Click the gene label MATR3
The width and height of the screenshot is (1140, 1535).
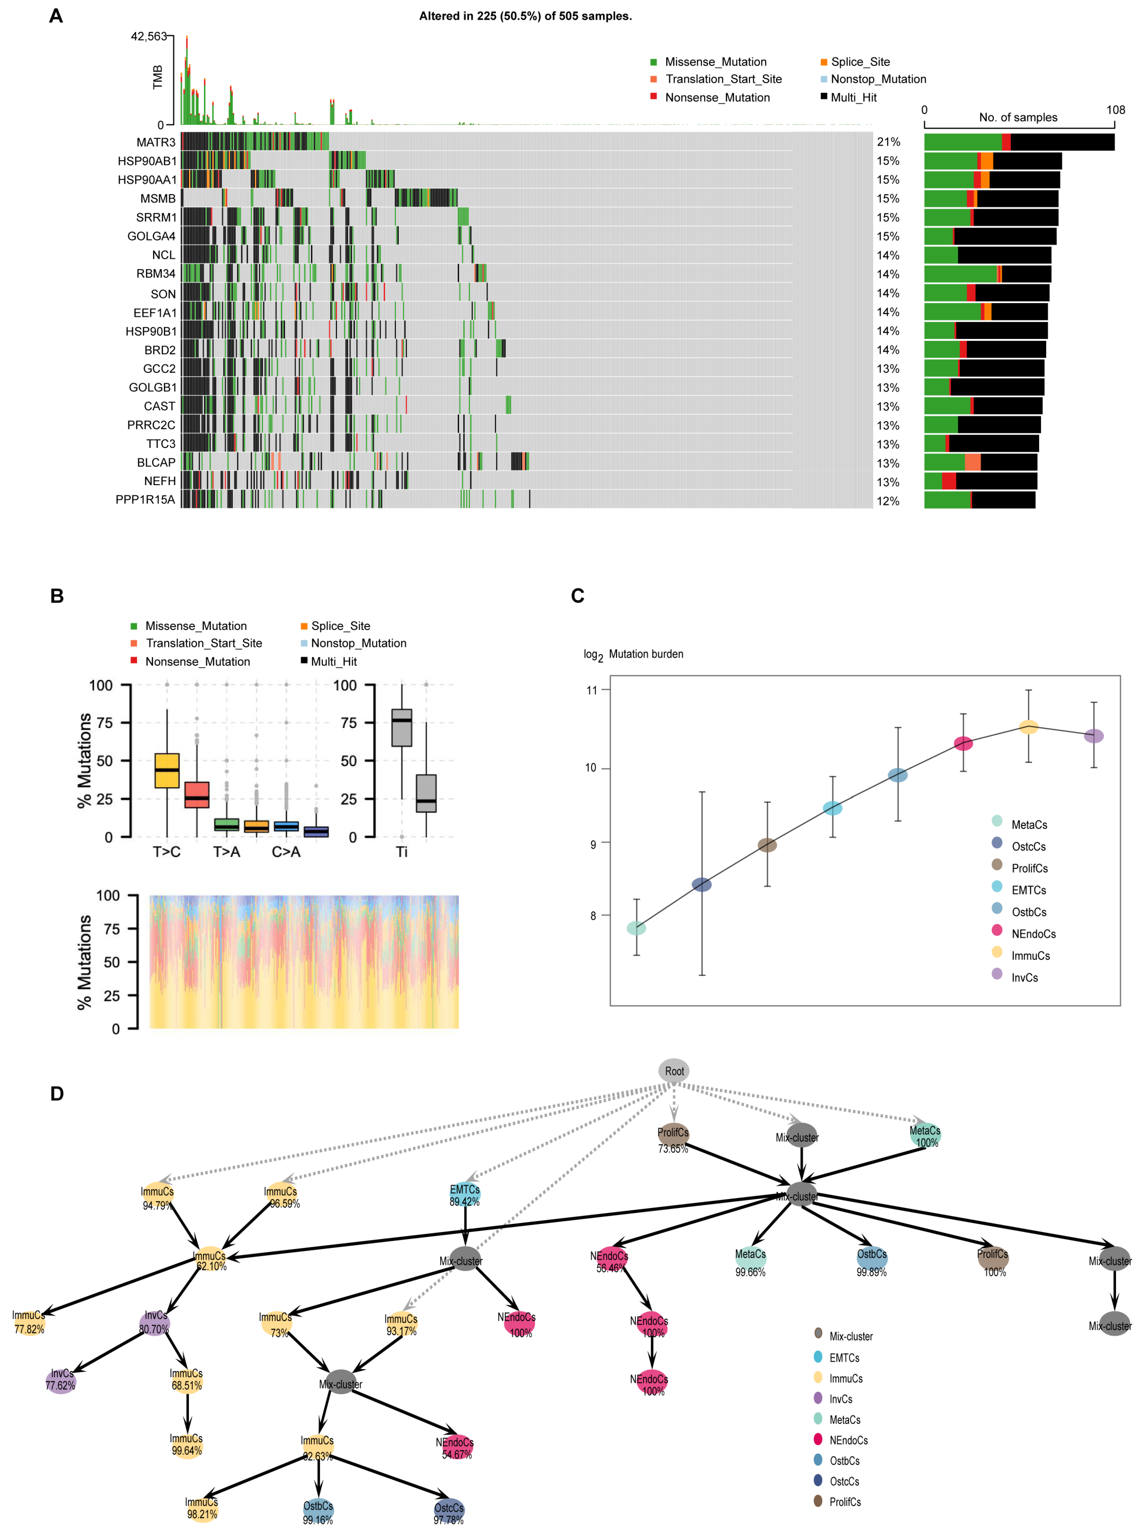[x=156, y=142]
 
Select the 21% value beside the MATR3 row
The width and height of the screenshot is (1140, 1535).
[x=888, y=142]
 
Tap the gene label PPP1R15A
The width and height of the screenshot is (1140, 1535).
[x=145, y=500]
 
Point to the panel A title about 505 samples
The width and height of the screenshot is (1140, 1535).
[x=525, y=16]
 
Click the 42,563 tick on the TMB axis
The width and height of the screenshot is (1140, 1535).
[x=148, y=37]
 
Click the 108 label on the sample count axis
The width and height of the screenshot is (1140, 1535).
[x=1115, y=111]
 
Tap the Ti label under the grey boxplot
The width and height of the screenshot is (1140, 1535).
[x=402, y=852]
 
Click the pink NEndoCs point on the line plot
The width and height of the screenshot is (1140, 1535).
[x=963, y=743]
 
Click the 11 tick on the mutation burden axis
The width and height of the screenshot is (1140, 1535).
[x=591, y=690]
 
